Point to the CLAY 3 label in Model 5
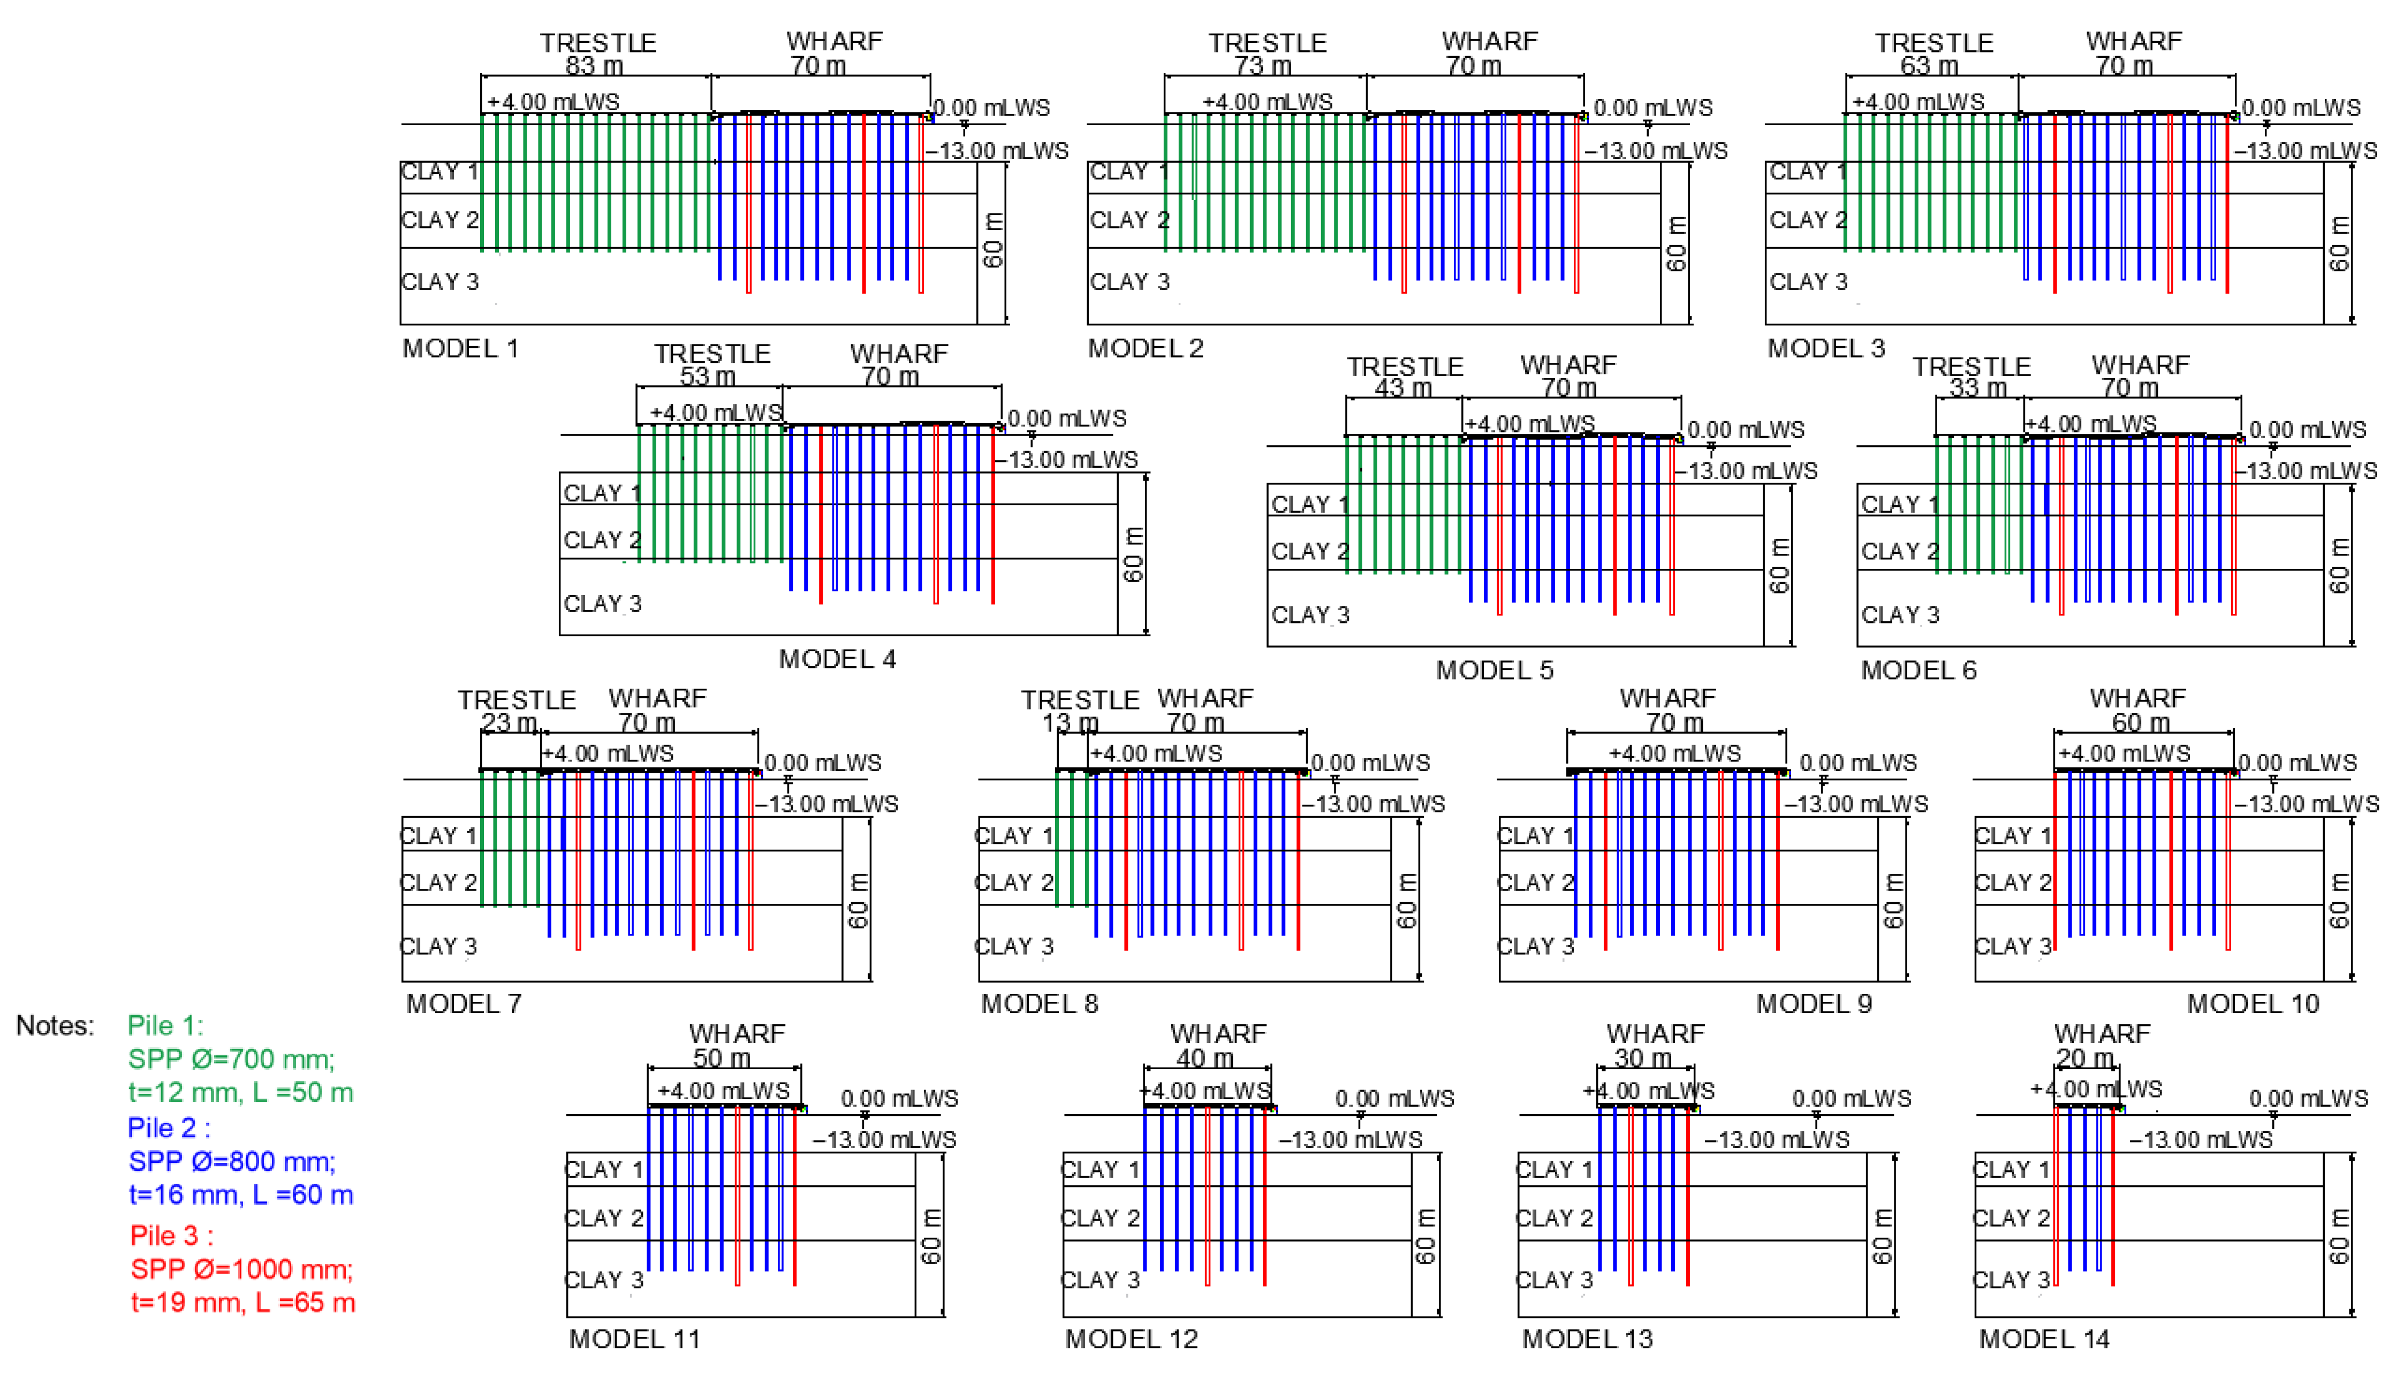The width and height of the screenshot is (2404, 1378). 1310,615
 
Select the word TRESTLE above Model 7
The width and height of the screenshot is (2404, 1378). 517,701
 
